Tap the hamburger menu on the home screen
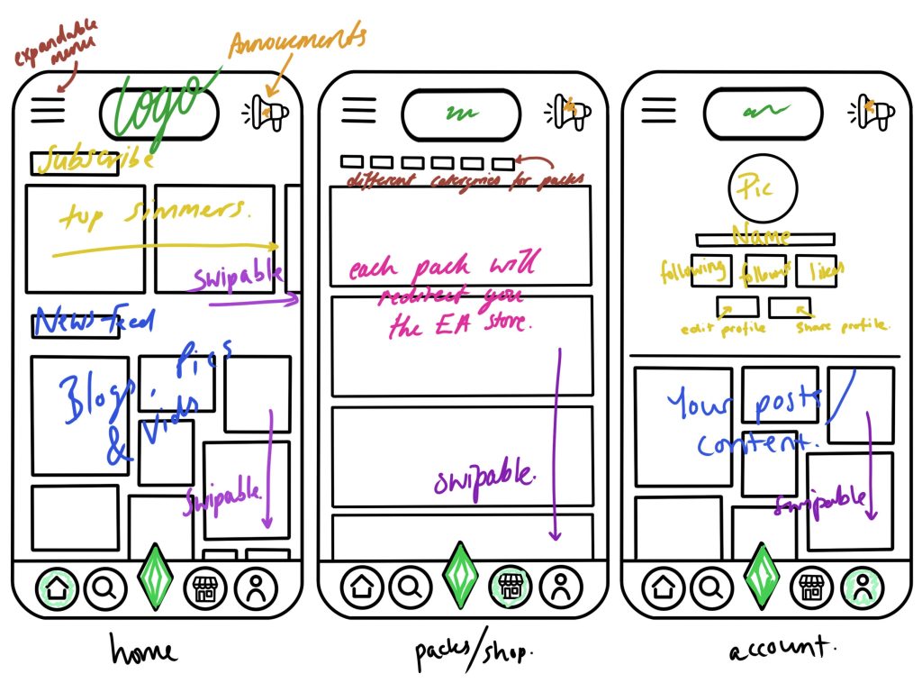click(x=49, y=110)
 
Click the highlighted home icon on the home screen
click(x=57, y=590)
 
